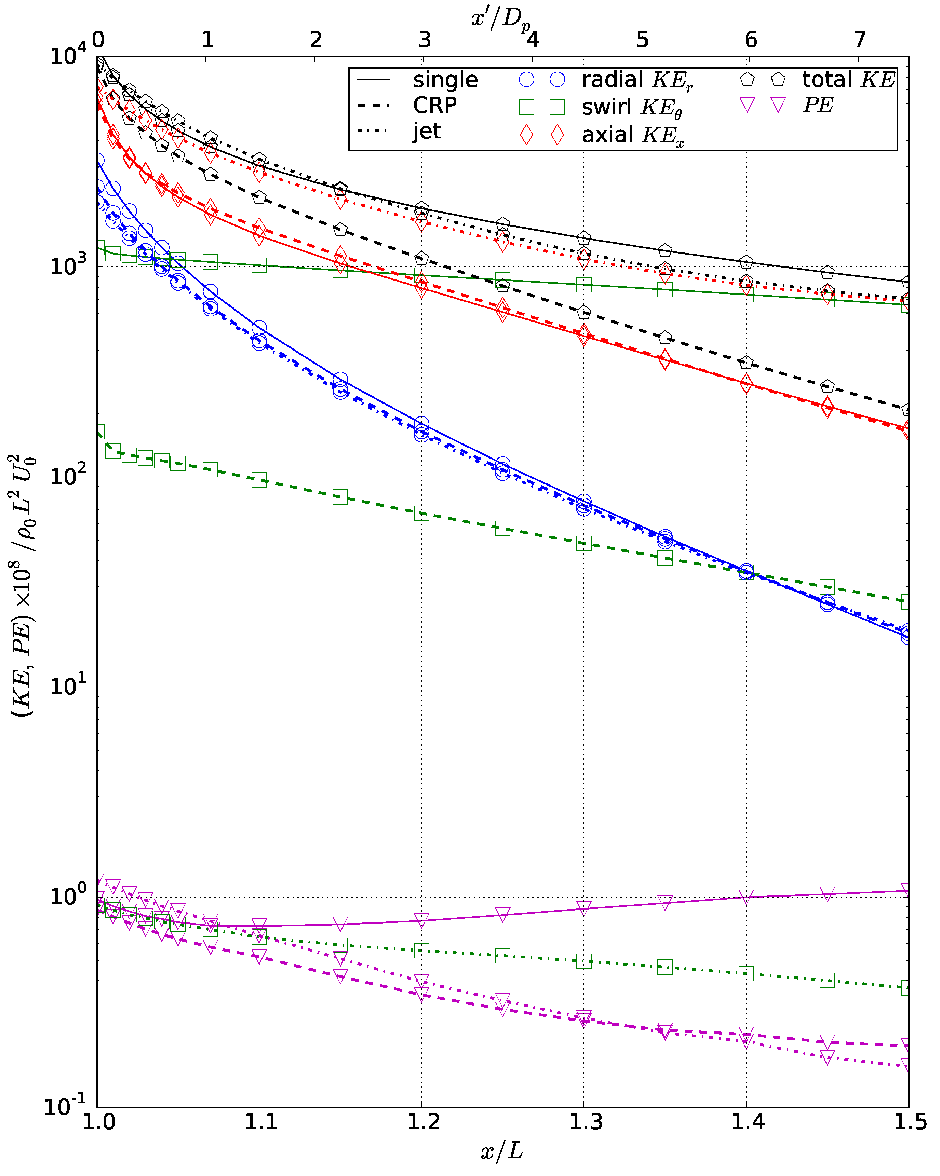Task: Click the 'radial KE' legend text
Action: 636,80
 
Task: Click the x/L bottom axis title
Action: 502,1151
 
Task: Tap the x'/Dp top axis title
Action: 500,19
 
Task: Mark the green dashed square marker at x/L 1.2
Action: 421,513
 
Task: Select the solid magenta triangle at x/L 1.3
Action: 584,908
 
